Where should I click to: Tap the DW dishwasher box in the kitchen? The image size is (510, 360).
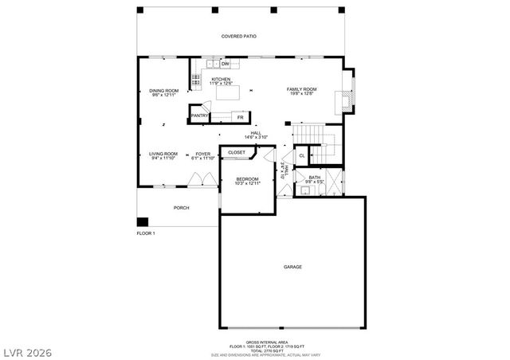pyautogui.click(x=226, y=63)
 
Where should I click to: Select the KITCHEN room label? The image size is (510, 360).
pyautogui.click(x=221, y=80)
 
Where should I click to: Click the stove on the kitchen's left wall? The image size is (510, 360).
pyautogui.click(x=195, y=79)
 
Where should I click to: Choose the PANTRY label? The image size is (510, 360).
pyautogui.click(x=199, y=115)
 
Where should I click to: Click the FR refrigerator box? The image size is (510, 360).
pyautogui.click(x=238, y=116)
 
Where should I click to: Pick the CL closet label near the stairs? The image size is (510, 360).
pyautogui.click(x=302, y=155)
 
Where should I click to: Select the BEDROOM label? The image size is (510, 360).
pyautogui.click(x=246, y=179)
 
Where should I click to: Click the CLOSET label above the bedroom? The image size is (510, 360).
pyautogui.click(x=237, y=151)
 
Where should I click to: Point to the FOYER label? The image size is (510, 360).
pyautogui.click(x=204, y=154)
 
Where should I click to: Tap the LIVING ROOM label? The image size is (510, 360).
pyautogui.click(x=163, y=154)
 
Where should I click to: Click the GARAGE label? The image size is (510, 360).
pyautogui.click(x=292, y=267)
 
